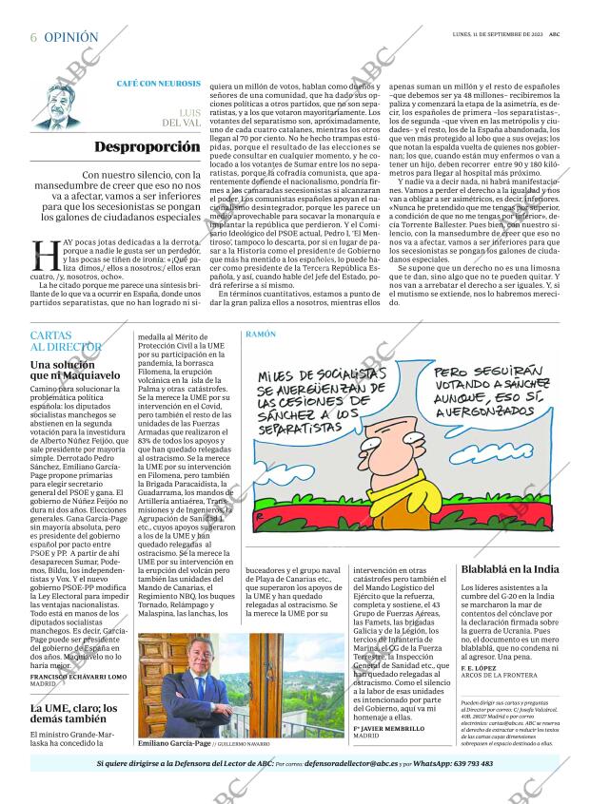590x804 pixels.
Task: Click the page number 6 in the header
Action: tap(34, 37)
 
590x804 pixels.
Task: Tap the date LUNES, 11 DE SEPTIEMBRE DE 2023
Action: tap(498, 35)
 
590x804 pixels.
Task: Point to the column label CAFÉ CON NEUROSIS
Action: tap(158, 84)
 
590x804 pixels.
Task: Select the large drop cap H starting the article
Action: tap(45, 255)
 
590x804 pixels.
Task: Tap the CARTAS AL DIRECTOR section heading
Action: tap(65, 342)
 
